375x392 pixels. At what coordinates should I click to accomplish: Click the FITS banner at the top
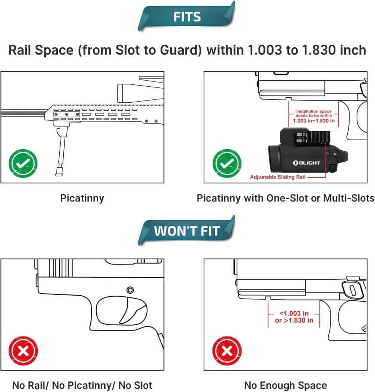187,17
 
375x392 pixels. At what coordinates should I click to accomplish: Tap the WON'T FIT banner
186,231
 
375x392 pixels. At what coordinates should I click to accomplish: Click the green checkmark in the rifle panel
23,163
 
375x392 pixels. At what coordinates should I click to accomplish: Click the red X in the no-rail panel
23,351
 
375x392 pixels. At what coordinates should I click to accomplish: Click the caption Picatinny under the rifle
82,198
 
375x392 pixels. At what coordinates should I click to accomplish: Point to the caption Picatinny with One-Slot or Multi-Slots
285,198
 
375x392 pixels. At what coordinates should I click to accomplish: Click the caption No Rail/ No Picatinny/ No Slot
82,385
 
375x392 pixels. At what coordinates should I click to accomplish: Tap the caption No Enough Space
285,385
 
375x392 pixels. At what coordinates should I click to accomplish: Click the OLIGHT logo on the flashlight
306,163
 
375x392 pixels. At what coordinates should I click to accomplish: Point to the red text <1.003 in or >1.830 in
294,317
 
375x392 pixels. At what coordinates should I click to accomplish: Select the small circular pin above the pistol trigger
130,290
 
